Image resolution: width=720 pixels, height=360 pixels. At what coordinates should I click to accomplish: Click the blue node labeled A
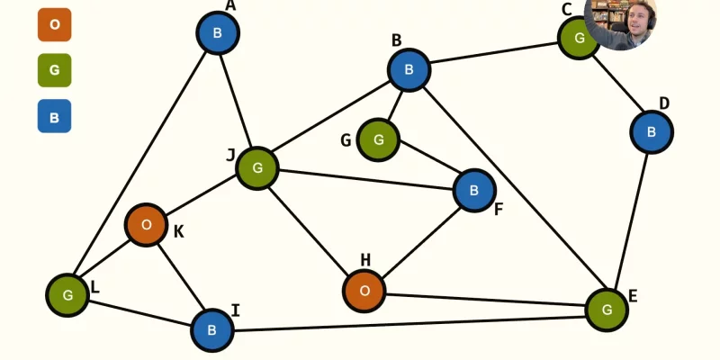tap(218, 33)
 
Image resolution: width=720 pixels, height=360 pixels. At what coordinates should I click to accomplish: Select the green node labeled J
tap(257, 168)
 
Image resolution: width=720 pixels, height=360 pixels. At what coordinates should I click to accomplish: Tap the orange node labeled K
tap(146, 225)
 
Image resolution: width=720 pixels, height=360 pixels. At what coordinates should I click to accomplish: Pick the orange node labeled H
tap(364, 291)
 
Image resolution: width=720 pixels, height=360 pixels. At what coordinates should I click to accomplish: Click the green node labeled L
tap(67, 295)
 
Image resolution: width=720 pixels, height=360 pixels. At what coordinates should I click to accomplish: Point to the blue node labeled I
tap(211, 330)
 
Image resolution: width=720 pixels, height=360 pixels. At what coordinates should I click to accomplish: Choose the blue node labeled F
tap(474, 191)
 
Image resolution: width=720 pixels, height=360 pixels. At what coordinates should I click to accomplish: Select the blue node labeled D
tap(652, 132)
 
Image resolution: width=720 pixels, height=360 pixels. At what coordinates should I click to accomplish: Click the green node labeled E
tap(607, 310)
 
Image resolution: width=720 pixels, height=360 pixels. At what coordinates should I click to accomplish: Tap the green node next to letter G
tap(378, 139)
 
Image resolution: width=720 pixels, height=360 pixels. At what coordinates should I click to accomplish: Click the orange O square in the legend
tap(54, 25)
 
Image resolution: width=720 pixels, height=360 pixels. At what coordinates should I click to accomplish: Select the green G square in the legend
tap(54, 70)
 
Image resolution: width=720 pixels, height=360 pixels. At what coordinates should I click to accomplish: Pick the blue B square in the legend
tap(54, 116)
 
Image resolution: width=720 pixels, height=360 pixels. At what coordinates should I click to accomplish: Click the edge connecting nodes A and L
tap(139, 164)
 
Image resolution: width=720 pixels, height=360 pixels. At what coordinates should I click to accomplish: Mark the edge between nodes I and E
tap(409, 324)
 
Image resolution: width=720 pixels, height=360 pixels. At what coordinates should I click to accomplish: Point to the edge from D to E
tap(632, 221)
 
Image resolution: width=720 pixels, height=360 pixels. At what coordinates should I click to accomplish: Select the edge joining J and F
tap(366, 179)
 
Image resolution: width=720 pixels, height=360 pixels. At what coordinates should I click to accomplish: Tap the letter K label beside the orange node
tap(178, 232)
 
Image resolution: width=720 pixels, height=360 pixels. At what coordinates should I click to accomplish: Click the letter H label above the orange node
tap(365, 260)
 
